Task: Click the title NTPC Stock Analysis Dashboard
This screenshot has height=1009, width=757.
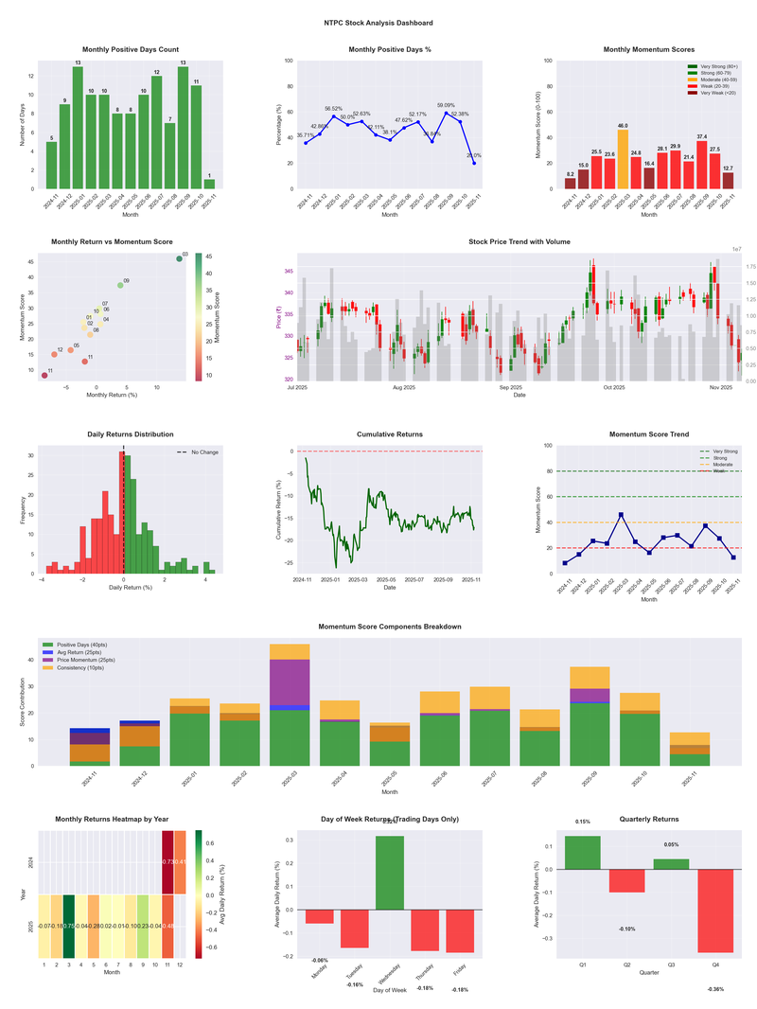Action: click(378, 22)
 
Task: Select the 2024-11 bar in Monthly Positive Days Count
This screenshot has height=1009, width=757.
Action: click(51, 165)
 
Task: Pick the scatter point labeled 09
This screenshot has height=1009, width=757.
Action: click(120, 285)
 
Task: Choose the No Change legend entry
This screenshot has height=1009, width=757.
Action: click(203, 452)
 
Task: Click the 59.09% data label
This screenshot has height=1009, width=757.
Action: click(446, 106)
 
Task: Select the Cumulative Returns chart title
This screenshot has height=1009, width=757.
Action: click(390, 434)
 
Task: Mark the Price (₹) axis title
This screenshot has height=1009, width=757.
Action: click(279, 317)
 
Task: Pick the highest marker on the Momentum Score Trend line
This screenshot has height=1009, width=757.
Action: click(621, 515)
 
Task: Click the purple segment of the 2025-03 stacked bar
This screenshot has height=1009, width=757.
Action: click(290, 682)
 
